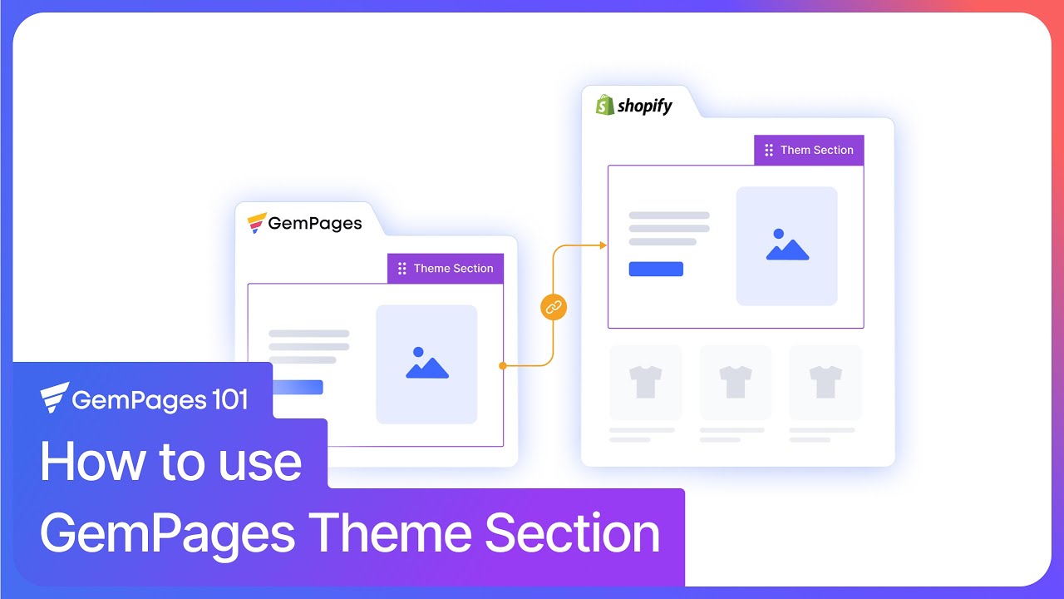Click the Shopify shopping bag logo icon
click(604, 106)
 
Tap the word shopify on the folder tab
click(645, 106)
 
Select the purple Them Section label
click(809, 151)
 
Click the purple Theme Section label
click(446, 269)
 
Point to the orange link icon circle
click(554, 307)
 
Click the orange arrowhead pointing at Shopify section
click(603, 245)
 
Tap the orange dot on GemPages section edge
click(502, 365)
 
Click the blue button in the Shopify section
click(656, 269)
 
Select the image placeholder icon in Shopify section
click(786, 245)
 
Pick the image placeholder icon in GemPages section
click(426, 364)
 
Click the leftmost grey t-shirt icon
click(646, 382)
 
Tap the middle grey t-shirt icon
click(736, 382)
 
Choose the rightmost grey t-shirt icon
click(825, 382)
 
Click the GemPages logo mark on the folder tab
click(257, 223)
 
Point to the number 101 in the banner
click(224, 400)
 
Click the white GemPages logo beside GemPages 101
click(54, 399)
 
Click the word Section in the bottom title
click(572, 533)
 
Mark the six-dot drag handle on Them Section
click(769, 151)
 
